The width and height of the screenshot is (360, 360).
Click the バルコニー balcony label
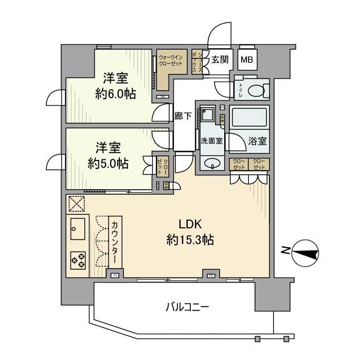pyautogui.click(x=187, y=308)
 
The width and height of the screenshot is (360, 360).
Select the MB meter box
pyautogui.click(x=247, y=60)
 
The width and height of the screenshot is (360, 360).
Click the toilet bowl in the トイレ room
pyautogui.click(x=256, y=91)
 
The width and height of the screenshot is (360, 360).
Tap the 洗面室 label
pyautogui.click(x=211, y=141)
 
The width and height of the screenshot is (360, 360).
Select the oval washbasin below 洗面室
pyautogui.click(x=211, y=164)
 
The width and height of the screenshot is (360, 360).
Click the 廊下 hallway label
pyautogui.click(x=184, y=116)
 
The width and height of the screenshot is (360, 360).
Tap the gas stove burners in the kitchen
pyautogui.click(x=78, y=259)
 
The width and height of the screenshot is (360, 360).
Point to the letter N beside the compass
pyautogui.click(x=284, y=250)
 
